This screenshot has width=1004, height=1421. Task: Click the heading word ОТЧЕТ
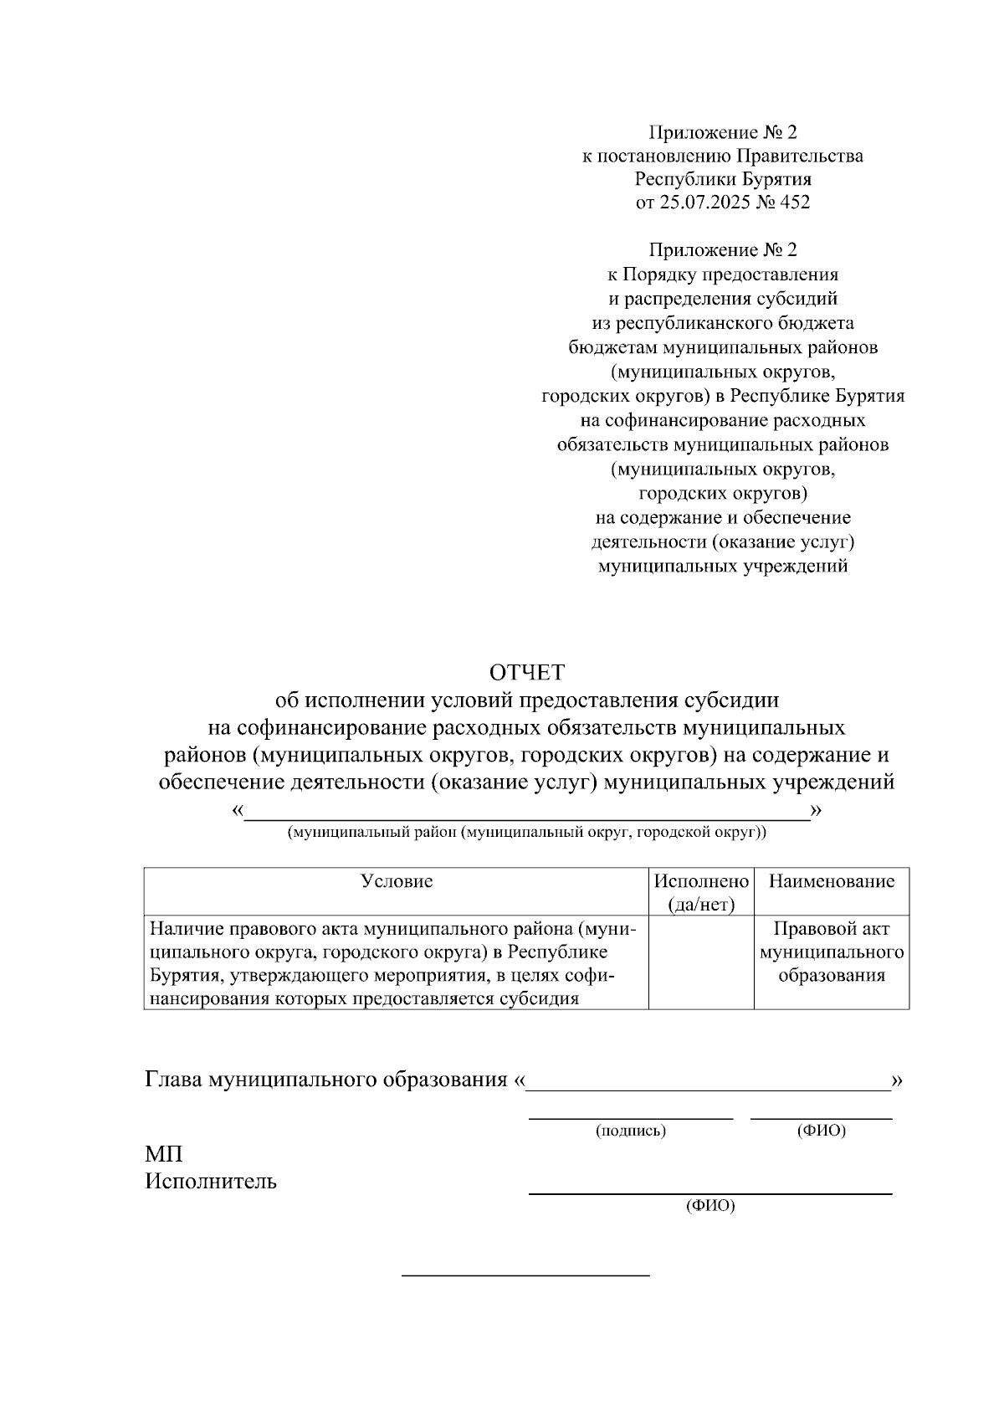(x=527, y=672)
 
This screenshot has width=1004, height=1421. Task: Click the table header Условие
(x=396, y=881)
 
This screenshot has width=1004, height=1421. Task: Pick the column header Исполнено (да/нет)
(x=701, y=892)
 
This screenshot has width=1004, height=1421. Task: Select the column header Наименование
(x=831, y=881)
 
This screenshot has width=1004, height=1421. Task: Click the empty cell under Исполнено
(x=701, y=962)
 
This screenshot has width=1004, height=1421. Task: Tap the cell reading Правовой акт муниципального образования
(x=831, y=952)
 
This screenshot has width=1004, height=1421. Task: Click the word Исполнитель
(x=211, y=1182)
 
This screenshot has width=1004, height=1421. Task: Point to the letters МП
(x=164, y=1155)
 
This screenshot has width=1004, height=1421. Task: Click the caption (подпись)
(x=630, y=1131)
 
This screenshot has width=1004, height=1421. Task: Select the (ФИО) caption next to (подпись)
(x=821, y=1131)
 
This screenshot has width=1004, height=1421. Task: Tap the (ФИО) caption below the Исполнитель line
(x=709, y=1206)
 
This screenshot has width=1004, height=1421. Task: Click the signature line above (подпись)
(x=630, y=1118)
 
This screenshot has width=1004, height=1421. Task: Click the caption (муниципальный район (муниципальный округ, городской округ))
(x=526, y=833)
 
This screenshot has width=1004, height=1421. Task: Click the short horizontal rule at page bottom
(x=525, y=1275)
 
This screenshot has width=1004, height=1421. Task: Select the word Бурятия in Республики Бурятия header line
(x=776, y=179)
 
